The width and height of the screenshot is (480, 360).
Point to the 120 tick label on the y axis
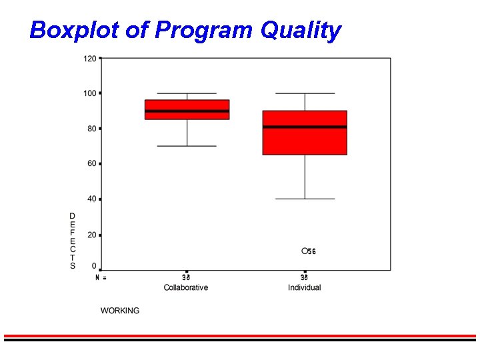click(89, 59)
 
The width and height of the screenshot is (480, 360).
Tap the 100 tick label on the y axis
click(89, 93)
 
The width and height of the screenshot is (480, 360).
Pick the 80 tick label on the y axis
click(91, 129)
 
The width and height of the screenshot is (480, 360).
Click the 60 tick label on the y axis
click(91, 163)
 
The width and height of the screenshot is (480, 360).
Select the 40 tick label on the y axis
click(91, 199)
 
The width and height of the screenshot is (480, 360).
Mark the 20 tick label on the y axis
click(91, 235)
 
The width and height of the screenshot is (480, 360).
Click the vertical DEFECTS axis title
click(73, 241)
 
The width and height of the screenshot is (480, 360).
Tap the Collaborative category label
click(186, 288)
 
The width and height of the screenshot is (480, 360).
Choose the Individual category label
click(305, 288)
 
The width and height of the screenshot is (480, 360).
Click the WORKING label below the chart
click(120, 311)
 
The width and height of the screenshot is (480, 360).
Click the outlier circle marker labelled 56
click(305, 251)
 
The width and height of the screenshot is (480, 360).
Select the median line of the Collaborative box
click(187, 111)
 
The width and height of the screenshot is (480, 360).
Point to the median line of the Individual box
click(305, 127)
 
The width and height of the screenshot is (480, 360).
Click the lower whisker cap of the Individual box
click(305, 199)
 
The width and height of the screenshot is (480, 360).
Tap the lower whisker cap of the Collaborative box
click(187, 146)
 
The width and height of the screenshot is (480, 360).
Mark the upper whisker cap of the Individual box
click(305, 93)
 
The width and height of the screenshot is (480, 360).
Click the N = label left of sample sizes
click(101, 277)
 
